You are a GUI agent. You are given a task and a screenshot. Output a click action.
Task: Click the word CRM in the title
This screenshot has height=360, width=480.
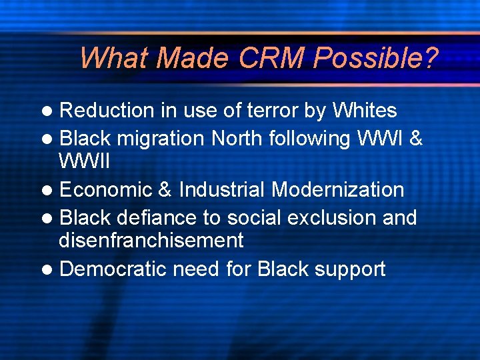click(271, 58)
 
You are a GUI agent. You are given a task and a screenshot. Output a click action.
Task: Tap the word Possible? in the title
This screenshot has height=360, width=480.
click(375, 58)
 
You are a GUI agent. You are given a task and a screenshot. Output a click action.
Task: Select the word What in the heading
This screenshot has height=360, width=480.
click(114, 58)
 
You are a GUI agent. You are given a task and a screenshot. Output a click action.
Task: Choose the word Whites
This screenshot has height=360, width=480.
click(364, 110)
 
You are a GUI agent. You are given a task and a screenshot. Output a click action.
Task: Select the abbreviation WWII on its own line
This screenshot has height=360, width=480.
click(84, 161)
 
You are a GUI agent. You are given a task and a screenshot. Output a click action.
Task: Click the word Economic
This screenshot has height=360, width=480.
click(106, 189)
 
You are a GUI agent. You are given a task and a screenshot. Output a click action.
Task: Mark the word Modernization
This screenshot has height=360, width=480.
click(337, 189)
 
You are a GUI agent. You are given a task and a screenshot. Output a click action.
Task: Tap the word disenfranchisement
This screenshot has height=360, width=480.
click(151, 240)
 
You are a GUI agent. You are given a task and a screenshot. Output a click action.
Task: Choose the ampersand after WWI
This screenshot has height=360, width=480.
click(416, 138)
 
